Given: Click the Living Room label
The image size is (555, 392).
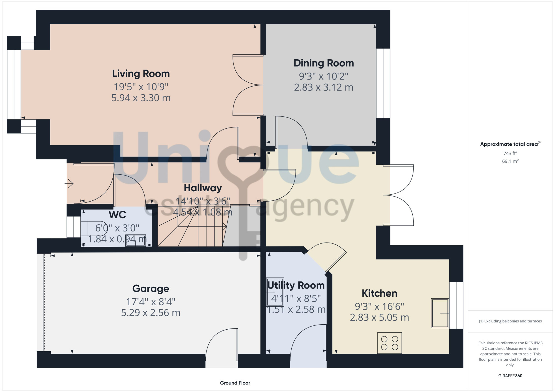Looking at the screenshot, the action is pyautogui.click(x=141, y=74).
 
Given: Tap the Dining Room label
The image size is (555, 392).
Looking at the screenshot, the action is pyautogui.click(x=324, y=63).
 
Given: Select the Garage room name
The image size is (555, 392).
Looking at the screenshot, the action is pyautogui.click(x=151, y=289).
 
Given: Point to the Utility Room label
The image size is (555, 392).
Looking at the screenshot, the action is pyautogui.click(x=296, y=285).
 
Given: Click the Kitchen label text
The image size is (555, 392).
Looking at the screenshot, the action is pyautogui.click(x=379, y=293).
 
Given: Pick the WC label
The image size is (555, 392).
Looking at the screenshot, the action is pyautogui.click(x=117, y=215).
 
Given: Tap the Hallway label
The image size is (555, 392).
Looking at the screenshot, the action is pyautogui.click(x=203, y=188).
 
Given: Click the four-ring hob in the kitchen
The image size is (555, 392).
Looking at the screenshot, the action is pyautogui.click(x=389, y=343).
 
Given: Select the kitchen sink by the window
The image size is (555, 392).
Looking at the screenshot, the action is pyautogui.click(x=440, y=313).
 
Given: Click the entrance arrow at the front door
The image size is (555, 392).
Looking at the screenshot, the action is pyautogui.click(x=69, y=183).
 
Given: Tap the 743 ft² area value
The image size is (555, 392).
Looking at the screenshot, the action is pyautogui.click(x=510, y=153).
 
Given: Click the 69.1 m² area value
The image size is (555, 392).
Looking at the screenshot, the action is pyautogui.click(x=510, y=161).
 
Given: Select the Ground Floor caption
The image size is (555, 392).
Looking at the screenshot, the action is pyautogui.click(x=235, y=383).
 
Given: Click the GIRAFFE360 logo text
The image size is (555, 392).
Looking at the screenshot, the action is pyautogui.click(x=510, y=376).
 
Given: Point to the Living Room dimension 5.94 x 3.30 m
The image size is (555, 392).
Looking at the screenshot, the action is pyautogui.click(x=141, y=98).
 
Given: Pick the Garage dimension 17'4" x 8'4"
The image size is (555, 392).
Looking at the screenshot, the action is pyautogui.click(x=151, y=302).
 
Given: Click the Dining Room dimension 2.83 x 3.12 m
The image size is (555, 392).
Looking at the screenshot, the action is pyautogui.click(x=324, y=87).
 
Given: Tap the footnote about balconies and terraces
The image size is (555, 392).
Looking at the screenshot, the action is pyautogui.click(x=510, y=321).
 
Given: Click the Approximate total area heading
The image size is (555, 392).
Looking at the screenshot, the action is pyautogui.click(x=510, y=144).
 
